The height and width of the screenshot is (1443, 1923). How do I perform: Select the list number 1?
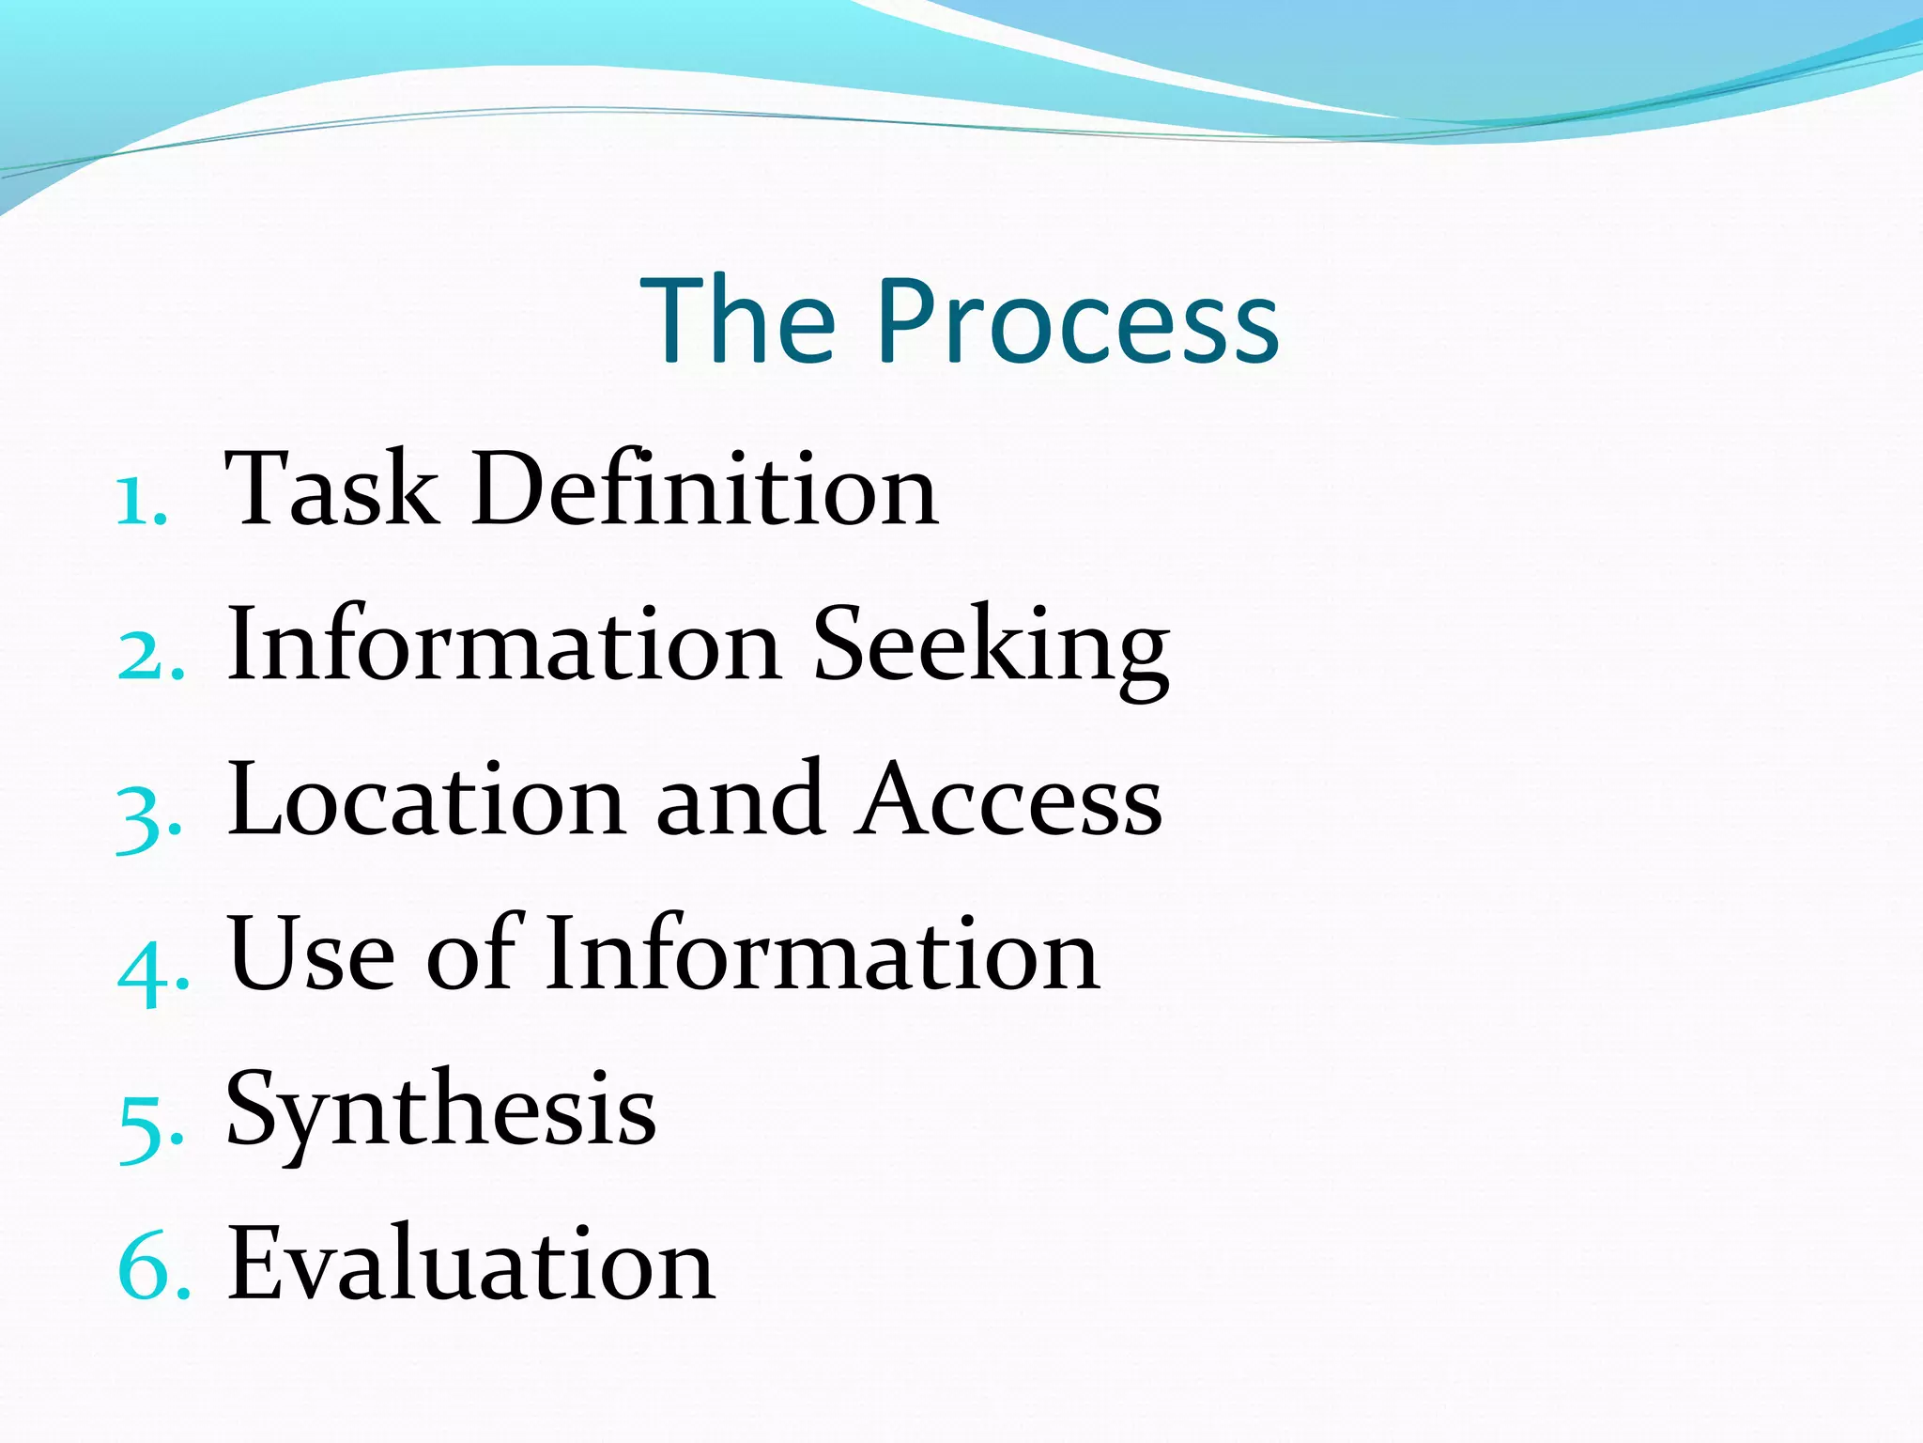pos(141,502)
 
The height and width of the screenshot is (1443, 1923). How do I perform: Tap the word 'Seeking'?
pos(991,648)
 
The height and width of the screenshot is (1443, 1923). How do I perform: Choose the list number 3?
pos(147,814)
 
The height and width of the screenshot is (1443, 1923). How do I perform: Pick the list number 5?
pos(150,1124)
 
